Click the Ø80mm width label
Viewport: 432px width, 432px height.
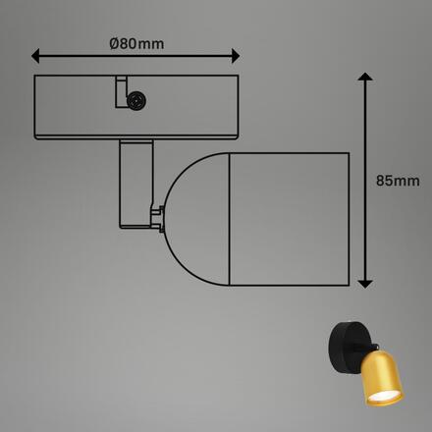coord(135,43)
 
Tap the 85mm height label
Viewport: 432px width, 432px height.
coord(398,180)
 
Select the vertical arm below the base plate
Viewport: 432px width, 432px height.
coord(134,182)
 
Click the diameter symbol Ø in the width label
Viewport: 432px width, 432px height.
coord(115,43)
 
